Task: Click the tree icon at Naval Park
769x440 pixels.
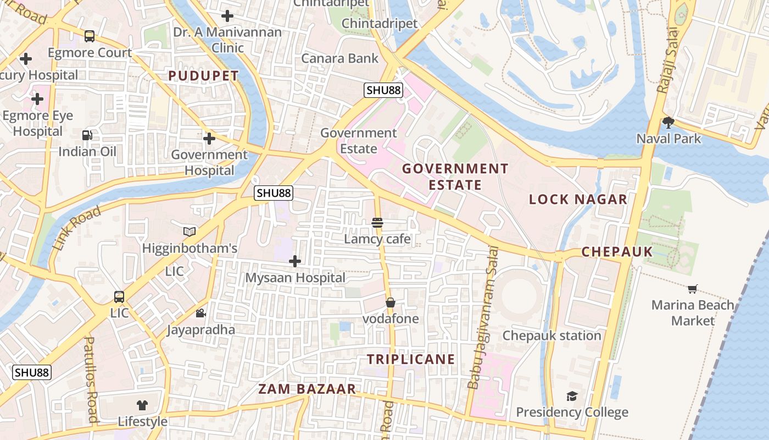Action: [668, 122]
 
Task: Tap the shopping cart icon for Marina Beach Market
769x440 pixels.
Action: [693, 289]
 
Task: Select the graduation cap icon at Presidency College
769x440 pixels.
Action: [572, 396]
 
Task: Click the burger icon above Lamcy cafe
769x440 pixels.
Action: [377, 223]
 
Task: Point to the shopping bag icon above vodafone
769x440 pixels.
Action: [391, 302]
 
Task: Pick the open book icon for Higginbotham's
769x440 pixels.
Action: [190, 232]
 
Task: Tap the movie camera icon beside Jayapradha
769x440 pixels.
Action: [200, 313]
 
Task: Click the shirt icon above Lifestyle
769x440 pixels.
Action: [142, 405]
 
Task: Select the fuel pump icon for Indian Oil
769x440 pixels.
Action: [87, 135]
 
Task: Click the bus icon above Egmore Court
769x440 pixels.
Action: [90, 36]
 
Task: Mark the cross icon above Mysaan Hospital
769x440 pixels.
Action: [295, 261]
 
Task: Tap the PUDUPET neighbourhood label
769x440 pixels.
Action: [203, 76]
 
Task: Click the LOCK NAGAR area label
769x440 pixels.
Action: [578, 199]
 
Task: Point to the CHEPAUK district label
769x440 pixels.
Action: [617, 252]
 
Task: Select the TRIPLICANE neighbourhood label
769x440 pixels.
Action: [411, 360]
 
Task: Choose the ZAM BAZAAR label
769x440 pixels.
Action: [307, 389]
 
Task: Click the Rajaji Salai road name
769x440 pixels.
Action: [667, 61]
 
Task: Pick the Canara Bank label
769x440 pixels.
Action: [340, 58]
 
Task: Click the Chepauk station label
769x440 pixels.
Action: [552, 335]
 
